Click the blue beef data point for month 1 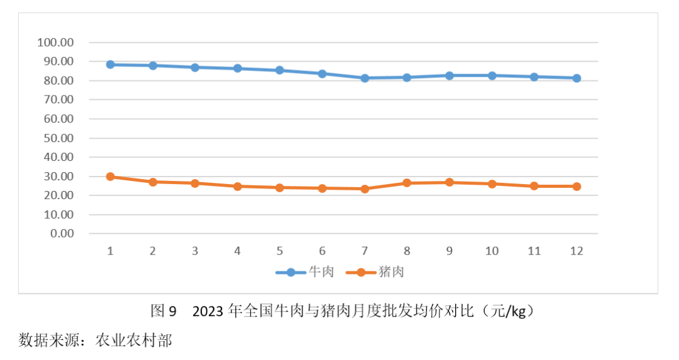point(110,65)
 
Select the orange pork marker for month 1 point(110,177)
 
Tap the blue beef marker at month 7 point(365,78)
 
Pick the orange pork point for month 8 point(407,183)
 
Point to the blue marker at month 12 point(577,78)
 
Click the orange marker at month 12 point(577,186)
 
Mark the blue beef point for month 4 point(237,68)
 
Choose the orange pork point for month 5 point(280,187)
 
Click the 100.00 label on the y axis point(56,43)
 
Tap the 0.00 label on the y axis point(61,234)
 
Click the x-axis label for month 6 point(322,251)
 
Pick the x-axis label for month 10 point(492,251)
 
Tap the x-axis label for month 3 point(195,251)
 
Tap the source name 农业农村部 point(133,341)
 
